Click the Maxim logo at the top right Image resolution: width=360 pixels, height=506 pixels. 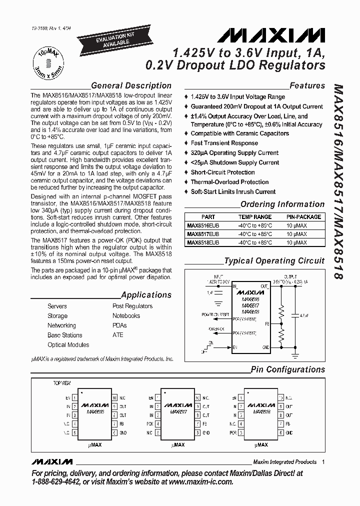coord(271,35)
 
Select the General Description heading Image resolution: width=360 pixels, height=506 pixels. coord(131,85)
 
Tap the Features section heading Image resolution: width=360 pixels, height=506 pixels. coord(307,85)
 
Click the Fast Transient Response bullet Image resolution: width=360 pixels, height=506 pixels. coord(224,143)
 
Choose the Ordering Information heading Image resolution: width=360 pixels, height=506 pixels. coord(282,204)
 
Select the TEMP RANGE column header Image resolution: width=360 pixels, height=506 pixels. coord(255,217)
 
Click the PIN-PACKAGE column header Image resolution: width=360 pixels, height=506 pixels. coord(303,217)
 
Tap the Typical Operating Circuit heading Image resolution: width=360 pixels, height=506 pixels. coord(273,260)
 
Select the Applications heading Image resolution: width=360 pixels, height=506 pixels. coord(146,295)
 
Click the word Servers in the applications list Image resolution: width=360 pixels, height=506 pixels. coord(57,306)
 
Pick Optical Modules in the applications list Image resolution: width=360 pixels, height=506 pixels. coord(68,345)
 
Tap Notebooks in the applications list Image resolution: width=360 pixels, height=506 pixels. coord(126,315)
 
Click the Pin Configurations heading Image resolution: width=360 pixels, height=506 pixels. coord(287,369)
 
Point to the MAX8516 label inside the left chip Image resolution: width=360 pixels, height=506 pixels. coord(95,412)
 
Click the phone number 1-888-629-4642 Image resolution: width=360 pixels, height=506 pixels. coord(61,482)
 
